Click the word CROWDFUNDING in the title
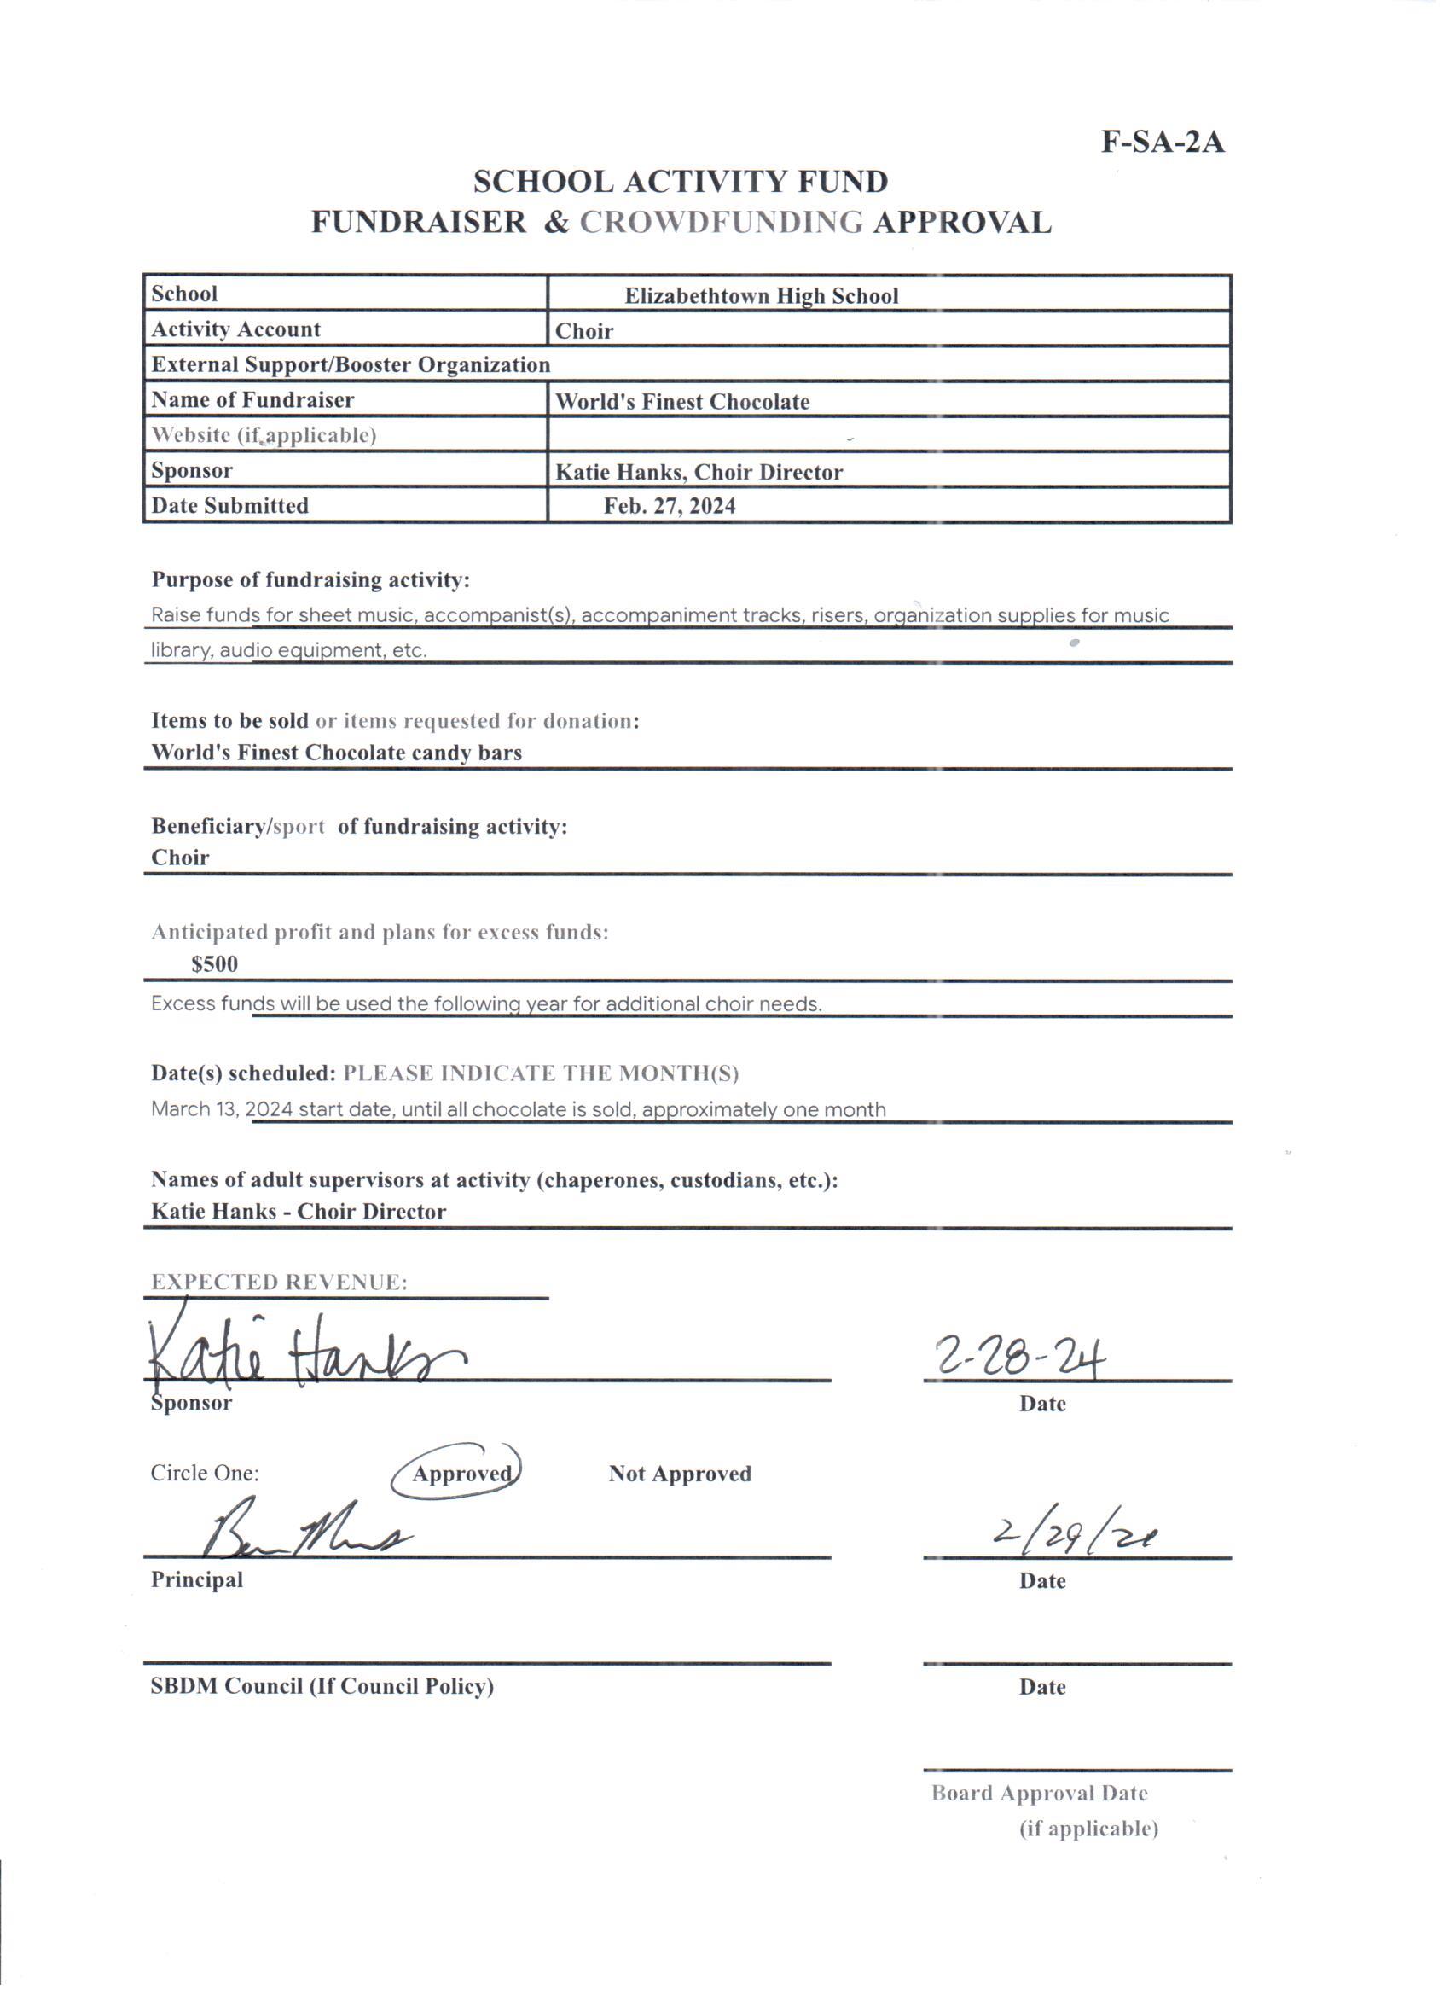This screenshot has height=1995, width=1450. click(x=721, y=223)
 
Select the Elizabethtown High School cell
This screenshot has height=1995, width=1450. click(x=762, y=295)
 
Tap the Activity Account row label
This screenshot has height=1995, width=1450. click(x=235, y=330)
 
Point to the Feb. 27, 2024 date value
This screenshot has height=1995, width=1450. click(x=670, y=506)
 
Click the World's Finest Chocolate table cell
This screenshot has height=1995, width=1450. click(x=682, y=402)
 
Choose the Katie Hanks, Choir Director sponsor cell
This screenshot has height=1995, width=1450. click(x=699, y=473)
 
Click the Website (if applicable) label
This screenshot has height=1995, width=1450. click(x=264, y=435)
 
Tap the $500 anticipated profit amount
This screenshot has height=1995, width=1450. click(x=215, y=964)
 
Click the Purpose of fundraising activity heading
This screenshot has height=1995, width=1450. click(x=310, y=579)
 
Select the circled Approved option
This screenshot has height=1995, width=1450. click(x=461, y=1474)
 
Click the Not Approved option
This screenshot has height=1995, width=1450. click(x=680, y=1474)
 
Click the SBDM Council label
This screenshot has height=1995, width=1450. click(x=322, y=1685)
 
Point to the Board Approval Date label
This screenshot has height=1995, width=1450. click(x=1040, y=1793)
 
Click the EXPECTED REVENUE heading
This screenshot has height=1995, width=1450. click(x=279, y=1282)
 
